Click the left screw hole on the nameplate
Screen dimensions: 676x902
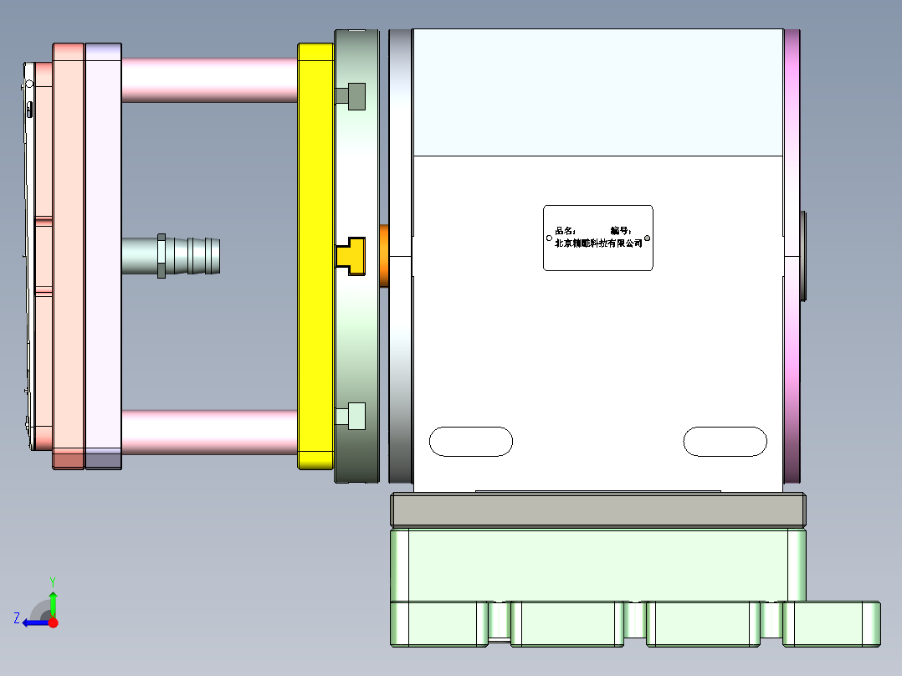[x=549, y=238]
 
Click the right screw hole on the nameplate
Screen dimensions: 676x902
[x=647, y=238]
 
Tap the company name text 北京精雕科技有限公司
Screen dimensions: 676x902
[x=598, y=243]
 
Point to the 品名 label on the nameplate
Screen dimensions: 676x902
[x=566, y=230]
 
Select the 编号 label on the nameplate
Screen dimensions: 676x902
[x=620, y=230]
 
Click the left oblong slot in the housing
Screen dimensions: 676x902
[x=470, y=442]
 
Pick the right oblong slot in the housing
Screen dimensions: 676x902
[x=725, y=442]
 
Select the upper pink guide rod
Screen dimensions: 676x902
[x=209, y=80]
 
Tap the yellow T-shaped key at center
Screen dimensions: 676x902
[x=351, y=256]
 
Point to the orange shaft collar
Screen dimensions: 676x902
[x=385, y=256]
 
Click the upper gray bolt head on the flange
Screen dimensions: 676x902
[x=354, y=97]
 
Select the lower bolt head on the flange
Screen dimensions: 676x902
[x=354, y=416]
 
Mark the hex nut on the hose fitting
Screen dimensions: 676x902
[x=161, y=256]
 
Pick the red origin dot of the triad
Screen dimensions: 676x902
[x=53, y=622]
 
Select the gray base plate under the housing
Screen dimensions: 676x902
[x=598, y=510]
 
